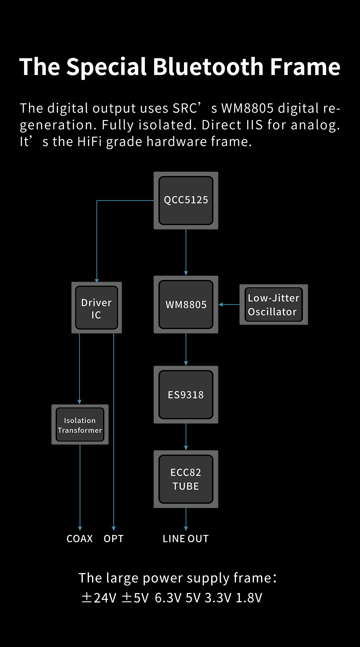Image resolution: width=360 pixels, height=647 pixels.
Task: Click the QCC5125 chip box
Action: point(186,200)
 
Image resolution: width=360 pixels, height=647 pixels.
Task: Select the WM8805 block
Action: point(186,304)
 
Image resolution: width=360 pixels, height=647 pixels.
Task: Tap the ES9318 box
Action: point(186,395)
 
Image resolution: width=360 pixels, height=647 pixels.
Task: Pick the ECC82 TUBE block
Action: point(186,479)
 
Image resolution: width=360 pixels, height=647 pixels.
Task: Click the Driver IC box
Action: point(96,308)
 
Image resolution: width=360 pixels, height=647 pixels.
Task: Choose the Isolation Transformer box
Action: point(80,424)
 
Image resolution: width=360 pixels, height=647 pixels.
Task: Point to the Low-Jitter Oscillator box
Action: point(273,305)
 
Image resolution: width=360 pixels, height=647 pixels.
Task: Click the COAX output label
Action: point(80,539)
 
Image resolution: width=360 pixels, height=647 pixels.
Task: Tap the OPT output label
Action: point(114,539)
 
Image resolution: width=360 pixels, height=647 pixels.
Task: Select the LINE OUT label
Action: point(186,539)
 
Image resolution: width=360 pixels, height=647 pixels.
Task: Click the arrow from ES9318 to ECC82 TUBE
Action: point(186,437)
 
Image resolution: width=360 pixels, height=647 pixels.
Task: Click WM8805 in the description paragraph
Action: point(247,108)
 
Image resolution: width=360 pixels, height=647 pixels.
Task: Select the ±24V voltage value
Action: point(99,598)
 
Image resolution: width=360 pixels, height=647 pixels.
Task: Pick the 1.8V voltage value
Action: point(249,598)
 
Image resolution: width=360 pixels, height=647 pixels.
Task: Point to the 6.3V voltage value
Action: point(168,598)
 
